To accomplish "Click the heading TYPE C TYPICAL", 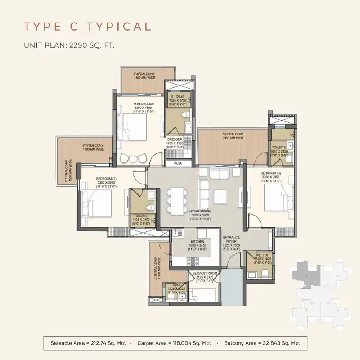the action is pyautogui.click(x=87, y=27).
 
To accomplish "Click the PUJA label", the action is pyautogui.click(x=178, y=164).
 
